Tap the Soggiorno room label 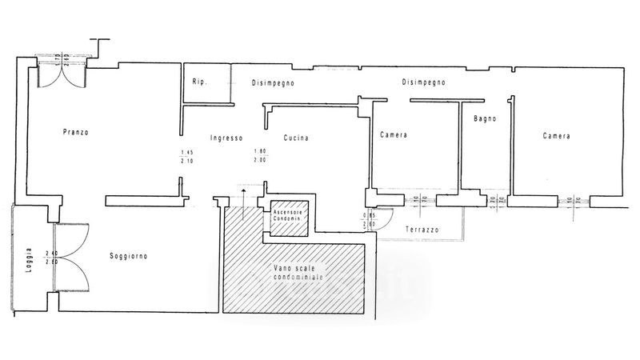(130, 256)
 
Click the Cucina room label (295, 138)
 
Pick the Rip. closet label (199, 82)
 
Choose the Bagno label (485, 118)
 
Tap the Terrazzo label (422, 230)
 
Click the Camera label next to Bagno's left (394, 136)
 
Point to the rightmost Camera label (556, 136)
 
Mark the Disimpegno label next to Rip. (273, 82)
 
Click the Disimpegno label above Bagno (423, 82)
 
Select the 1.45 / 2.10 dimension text (187, 156)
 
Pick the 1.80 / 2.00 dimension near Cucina (260, 156)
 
